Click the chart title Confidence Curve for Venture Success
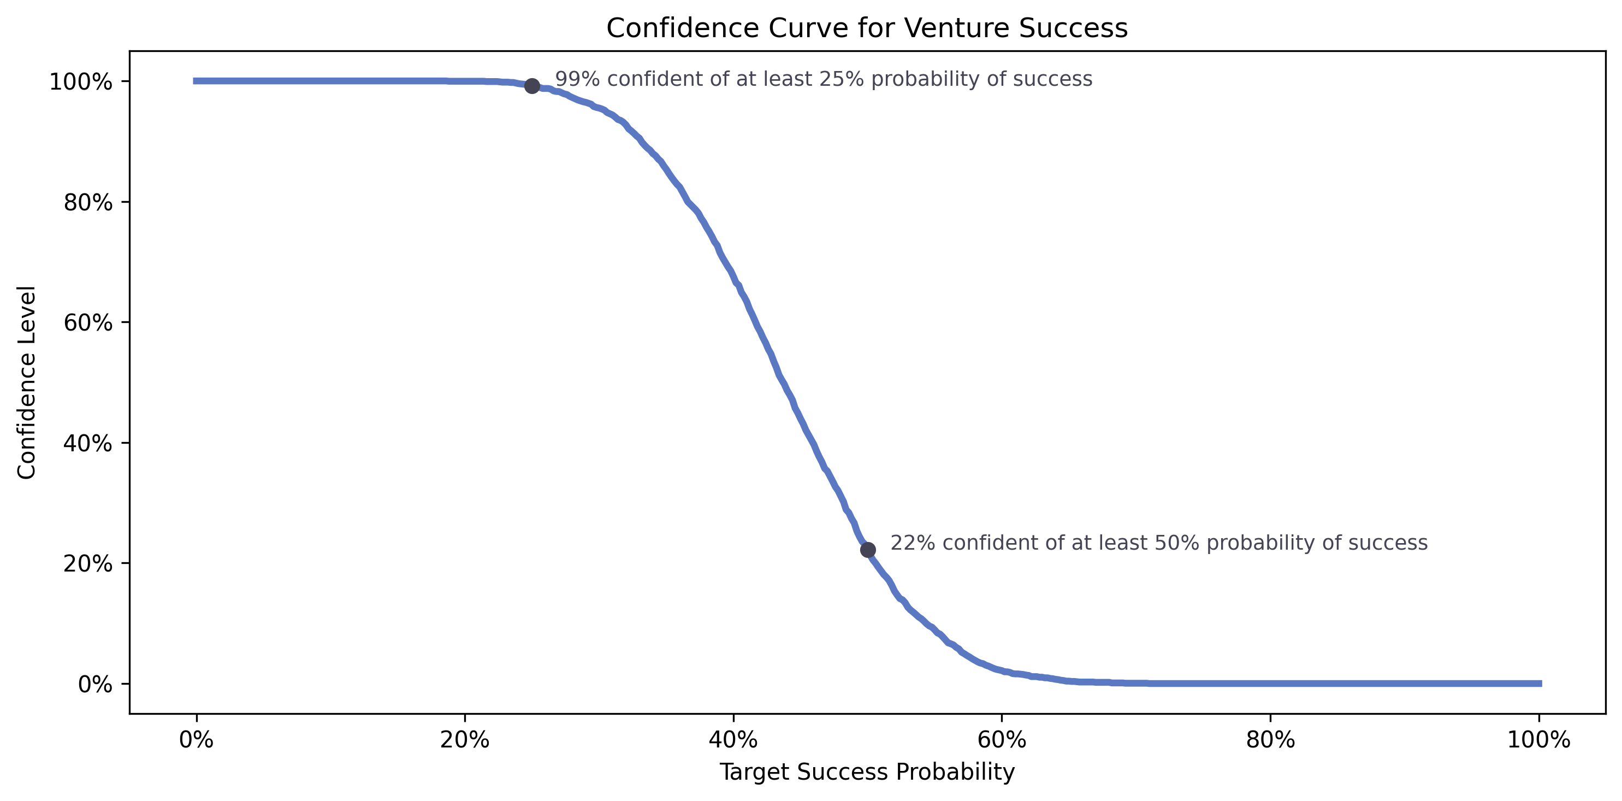tap(866, 28)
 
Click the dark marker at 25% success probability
tap(532, 86)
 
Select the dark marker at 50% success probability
tap(868, 550)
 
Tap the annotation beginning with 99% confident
tap(823, 79)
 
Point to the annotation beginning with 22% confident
tap(1158, 543)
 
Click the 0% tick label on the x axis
tap(197, 740)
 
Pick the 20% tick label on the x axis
tap(465, 740)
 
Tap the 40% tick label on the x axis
tap(733, 740)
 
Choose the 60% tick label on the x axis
tap(1002, 740)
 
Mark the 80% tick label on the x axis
tap(1270, 740)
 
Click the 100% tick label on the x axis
tap(1538, 740)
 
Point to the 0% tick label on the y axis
tap(95, 684)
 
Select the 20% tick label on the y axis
tap(88, 564)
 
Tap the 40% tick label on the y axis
tap(88, 443)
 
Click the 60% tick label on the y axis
tap(88, 323)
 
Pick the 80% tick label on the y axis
tap(88, 203)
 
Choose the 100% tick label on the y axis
tap(81, 82)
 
